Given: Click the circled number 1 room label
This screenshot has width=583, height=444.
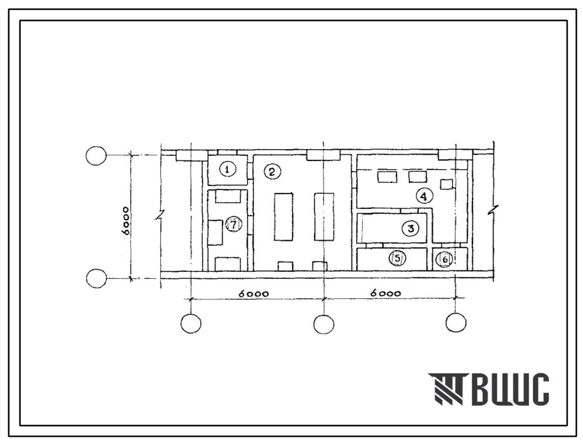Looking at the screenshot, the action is tap(228, 170).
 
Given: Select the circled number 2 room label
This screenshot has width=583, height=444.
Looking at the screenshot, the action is tap(272, 172).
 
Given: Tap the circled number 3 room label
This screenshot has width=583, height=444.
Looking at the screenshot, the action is tap(411, 229).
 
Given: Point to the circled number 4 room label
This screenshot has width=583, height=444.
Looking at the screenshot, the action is tap(424, 196).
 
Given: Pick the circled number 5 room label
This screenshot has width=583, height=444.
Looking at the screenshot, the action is tap(398, 258).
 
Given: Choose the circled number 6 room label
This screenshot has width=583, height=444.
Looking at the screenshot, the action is tap(445, 260).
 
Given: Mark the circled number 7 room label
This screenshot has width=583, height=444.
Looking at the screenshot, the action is tap(233, 225).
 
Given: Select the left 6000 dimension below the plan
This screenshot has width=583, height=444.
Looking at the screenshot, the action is tap(253, 294).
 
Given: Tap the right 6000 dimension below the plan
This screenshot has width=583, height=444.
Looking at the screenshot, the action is tap(385, 293).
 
